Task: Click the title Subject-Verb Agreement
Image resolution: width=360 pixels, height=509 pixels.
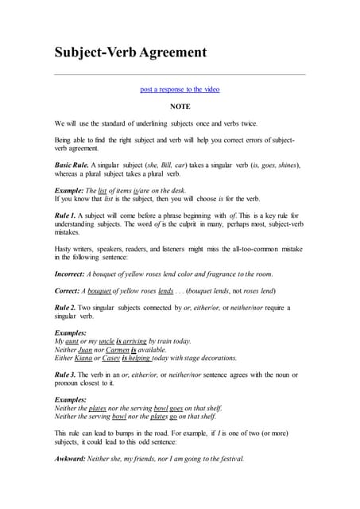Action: tap(130, 52)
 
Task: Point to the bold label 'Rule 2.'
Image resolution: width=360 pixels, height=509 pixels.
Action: tap(65, 307)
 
